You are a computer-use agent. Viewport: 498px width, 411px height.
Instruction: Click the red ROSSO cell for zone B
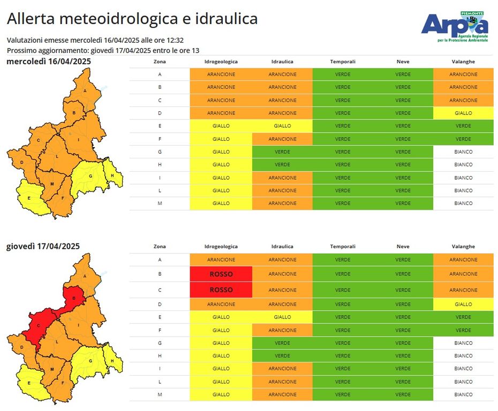[x=221, y=273]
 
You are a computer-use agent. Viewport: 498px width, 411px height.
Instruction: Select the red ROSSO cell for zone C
[x=221, y=290]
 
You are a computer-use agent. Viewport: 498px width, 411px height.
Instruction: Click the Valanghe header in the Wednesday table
[x=463, y=62]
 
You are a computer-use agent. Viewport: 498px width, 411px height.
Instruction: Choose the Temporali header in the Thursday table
[x=343, y=247]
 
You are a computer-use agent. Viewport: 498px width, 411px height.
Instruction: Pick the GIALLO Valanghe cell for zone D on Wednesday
[x=463, y=113]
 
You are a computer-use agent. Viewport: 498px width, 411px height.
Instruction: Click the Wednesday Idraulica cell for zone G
[x=282, y=152]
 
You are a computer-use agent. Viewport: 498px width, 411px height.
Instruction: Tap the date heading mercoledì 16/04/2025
[x=49, y=62]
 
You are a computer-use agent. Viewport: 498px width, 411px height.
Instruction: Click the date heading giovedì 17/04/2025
[x=43, y=246]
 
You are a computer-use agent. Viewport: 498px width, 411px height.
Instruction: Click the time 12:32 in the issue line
[x=175, y=40]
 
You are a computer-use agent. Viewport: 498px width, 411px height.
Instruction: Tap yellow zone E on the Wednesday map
[x=29, y=197]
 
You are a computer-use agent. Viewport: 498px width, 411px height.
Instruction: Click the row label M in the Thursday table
[x=160, y=394]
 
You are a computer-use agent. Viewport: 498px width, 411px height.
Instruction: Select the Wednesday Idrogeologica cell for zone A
[x=221, y=74]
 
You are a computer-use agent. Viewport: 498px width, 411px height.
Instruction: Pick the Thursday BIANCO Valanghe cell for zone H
[x=463, y=356]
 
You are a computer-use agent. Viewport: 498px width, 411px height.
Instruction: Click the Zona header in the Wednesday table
[x=160, y=62]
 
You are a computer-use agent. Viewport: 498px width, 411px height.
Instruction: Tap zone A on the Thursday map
[x=85, y=275]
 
